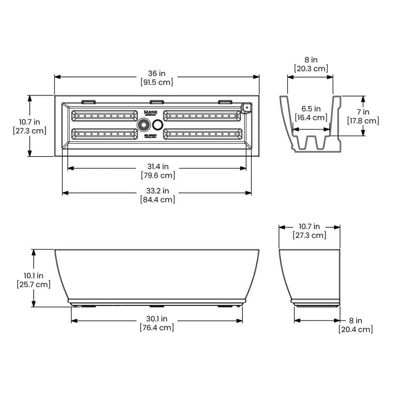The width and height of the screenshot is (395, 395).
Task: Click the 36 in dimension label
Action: tap(157, 73)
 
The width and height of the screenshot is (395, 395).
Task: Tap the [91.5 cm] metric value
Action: tap(157, 83)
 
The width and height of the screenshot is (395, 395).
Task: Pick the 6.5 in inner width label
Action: tap(311, 109)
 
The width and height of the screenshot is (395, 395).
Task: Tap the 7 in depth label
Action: tap(363, 112)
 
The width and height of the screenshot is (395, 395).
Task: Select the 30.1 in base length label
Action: tap(156, 319)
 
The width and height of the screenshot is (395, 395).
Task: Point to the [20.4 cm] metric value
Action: tap(355, 329)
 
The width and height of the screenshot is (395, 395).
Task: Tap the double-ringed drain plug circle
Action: tap(143, 125)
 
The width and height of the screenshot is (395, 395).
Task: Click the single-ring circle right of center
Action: tap(158, 125)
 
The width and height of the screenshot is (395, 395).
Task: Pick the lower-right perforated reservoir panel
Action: tap(203, 134)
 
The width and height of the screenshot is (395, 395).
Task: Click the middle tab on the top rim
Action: tap(156, 102)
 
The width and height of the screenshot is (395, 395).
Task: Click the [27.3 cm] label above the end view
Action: tap(309, 236)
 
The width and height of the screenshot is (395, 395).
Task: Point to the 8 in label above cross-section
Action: tap(311, 60)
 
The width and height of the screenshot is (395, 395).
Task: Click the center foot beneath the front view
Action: tap(156, 306)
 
